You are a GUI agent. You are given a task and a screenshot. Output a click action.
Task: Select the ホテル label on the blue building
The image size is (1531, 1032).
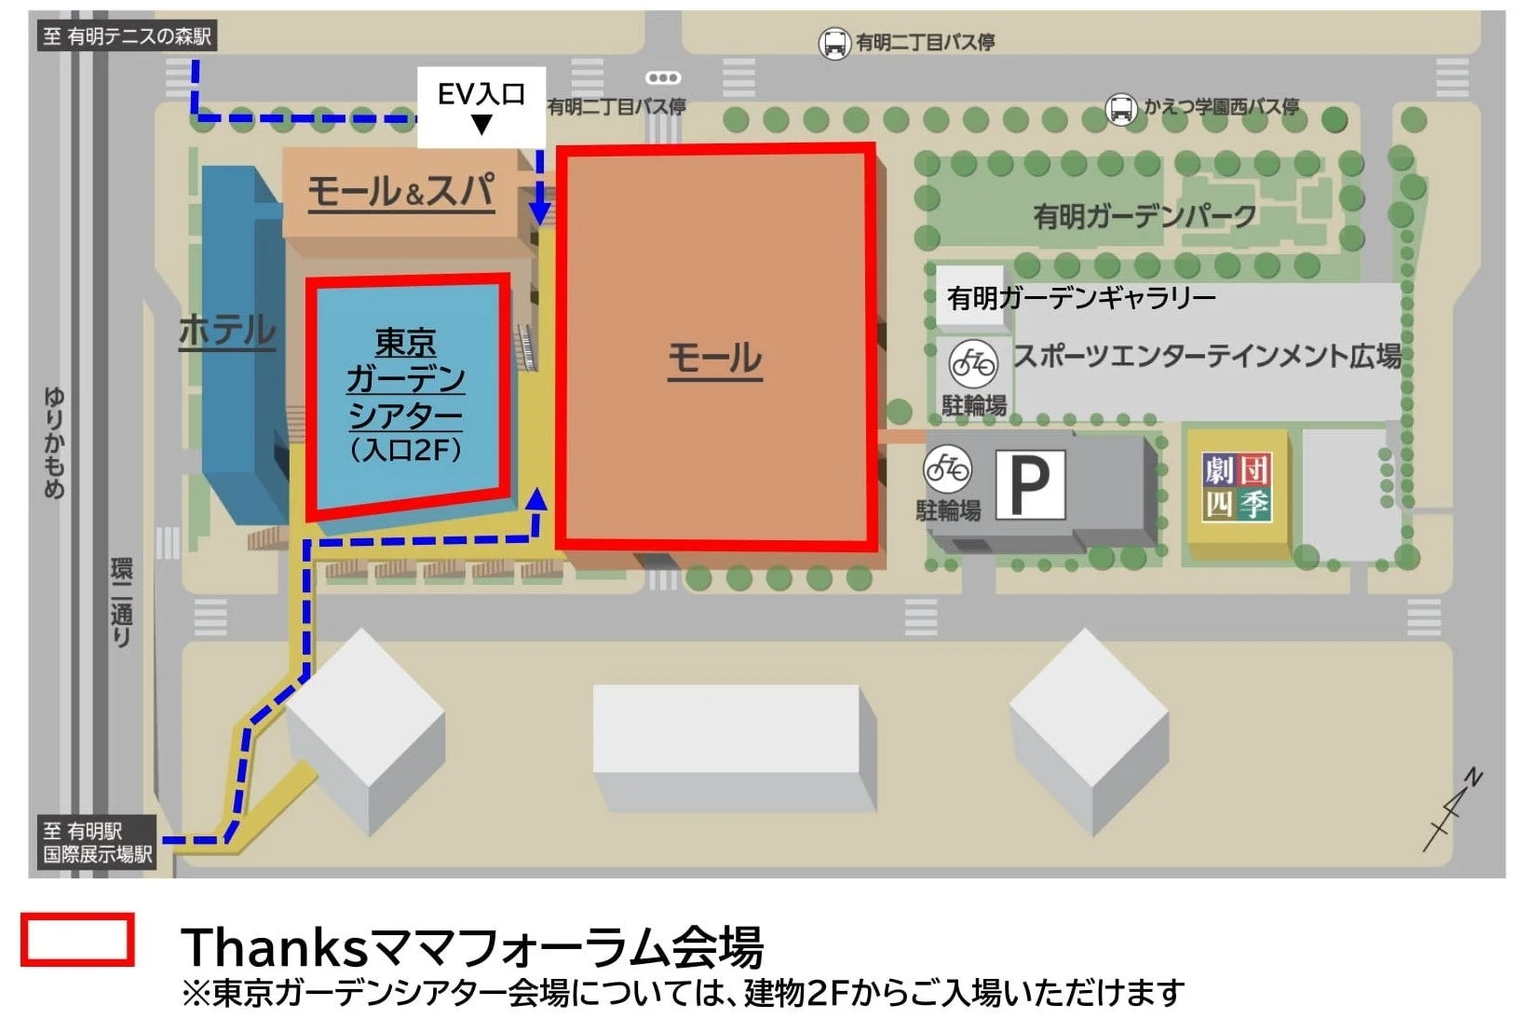(x=227, y=331)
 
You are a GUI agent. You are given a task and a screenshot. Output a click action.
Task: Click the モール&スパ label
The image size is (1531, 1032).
(x=400, y=192)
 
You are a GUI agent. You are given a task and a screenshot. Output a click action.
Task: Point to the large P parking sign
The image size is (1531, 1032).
(x=1030, y=484)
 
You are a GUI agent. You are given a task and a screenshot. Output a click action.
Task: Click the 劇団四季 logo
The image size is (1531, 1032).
(x=1236, y=487)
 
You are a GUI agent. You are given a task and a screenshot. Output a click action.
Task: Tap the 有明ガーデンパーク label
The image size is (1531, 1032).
(x=1145, y=216)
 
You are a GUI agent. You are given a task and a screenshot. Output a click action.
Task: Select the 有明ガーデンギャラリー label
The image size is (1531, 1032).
(x=1080, y=298)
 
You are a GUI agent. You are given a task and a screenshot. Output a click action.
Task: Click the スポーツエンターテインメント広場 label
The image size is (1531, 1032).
(x=1207, y=356)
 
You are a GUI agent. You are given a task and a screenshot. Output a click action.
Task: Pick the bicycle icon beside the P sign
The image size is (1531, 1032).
(x=947, y=468)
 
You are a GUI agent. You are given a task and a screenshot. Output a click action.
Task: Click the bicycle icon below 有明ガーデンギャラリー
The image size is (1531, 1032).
(x=973, y=362)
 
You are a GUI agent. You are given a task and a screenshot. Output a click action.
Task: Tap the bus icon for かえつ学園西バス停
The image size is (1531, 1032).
(x=1120, y=109)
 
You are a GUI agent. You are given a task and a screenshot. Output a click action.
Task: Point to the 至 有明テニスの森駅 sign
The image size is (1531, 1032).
(x=128, y=36)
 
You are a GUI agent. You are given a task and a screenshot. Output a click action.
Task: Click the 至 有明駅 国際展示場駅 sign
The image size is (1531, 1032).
(x=97, y=842)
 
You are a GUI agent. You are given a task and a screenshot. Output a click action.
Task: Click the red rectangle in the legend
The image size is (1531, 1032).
(x=77, y=939)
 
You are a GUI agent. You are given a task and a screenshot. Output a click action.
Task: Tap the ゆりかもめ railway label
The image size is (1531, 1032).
(x=55, y=443)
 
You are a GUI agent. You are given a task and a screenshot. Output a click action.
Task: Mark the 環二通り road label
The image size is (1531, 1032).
(x=122, y=602)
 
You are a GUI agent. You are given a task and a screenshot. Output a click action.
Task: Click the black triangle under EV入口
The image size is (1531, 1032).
(x=481, y=125)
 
